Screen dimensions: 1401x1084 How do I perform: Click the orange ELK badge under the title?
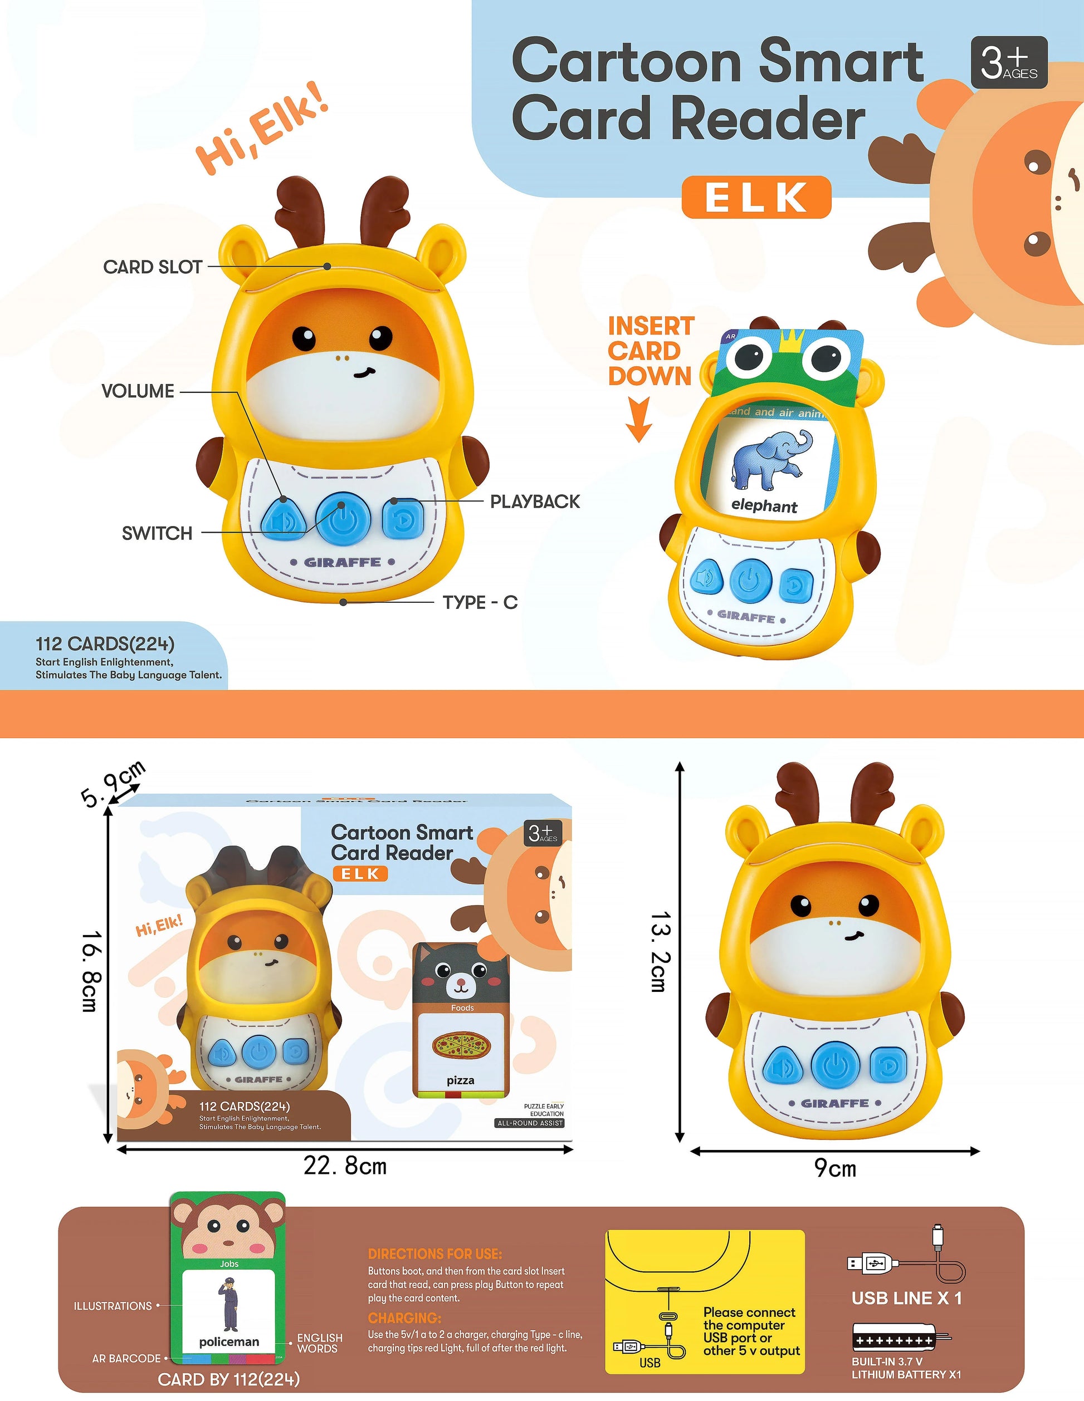tap(756, 197)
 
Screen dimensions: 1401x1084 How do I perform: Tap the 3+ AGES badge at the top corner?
tap(1008, 62)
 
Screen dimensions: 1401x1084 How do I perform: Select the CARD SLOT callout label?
tap(153, 267)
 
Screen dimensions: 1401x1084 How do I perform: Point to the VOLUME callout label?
tap(138, 391)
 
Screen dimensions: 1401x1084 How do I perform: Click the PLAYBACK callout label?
tap(535, 502)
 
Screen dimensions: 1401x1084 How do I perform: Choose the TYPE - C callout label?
tap(480, 602)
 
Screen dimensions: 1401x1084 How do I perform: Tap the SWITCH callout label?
tap(157, 533)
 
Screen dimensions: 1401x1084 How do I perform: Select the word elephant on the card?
tap(764, 505)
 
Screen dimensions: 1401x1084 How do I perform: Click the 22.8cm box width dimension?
tap(345, 1166)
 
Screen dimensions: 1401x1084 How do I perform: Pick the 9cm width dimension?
tap(835, 1168)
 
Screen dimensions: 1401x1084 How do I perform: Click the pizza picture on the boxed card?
tap(460, 1046)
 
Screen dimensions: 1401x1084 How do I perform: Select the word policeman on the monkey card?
tap(229, 1341)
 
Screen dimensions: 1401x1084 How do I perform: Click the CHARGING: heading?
tap(404, 1318)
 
